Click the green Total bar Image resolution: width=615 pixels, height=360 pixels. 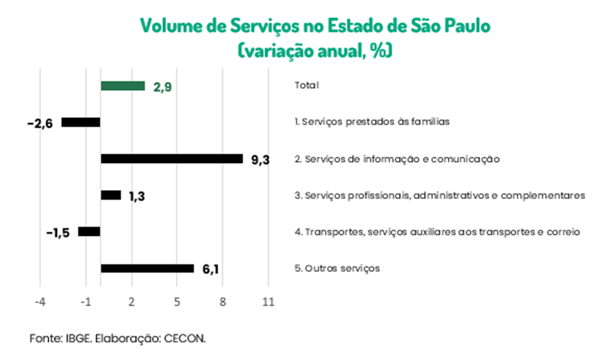pyautogui.click(x=123, y=86)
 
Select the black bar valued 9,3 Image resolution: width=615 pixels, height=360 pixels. pyautogui.click(x=171, y=159)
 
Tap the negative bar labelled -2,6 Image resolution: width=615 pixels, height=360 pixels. pyautogui.click(x=81, y=122)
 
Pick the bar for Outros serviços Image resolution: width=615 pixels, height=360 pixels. pyautogui.click(x=147, y=268)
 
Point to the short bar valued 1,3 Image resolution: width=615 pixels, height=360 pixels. pyautogui.click(x=110, y=196)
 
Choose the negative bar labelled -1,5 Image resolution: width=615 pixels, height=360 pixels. pyautogui.click(x=89, y=232)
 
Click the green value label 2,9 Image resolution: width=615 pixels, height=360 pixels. pyautogui.click(x=162, y=87)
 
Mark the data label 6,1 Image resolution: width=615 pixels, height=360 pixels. pyautogui.click(x=211, y=269)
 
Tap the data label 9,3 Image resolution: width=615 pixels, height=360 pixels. pyautogui.click(x=260, y=160)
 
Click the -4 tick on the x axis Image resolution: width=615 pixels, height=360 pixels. pyautogui.click(x=40, y=302)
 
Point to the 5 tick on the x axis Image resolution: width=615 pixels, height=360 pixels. pyautogui.click(x=177, y=302)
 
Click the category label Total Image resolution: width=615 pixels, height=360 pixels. pyautogui.click(x=306, y=85)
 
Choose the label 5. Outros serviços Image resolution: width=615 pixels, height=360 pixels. pyautogui.click(x=337, y=268)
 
